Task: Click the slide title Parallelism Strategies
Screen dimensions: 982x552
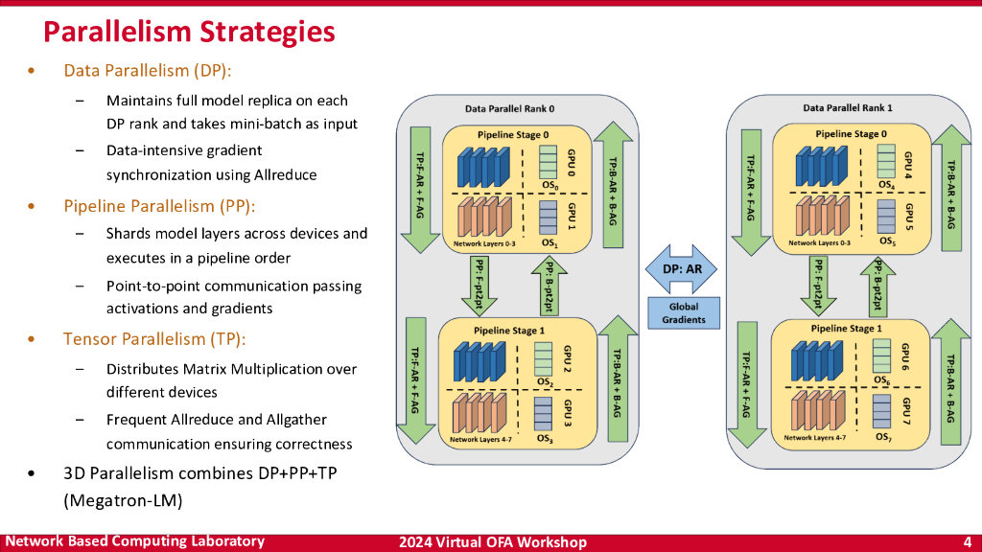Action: [x=189, y=32]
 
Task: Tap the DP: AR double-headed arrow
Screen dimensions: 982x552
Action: [x=682, y=269]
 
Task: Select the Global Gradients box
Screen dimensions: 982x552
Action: [x=683, y=313]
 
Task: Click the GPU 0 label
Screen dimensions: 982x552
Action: [x=571, y=163]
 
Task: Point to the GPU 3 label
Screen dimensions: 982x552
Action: [x=568, y=414]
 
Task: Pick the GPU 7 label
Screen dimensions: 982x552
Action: [x=905, y=410]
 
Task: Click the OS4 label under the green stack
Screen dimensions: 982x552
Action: [x=886, y=185]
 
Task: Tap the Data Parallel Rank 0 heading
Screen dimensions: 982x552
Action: [x=509, y=109]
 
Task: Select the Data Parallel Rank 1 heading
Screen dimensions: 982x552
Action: [x=848, y=107]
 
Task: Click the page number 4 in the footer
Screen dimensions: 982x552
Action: [x=967, y=542]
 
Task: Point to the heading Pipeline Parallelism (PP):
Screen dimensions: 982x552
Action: [x=159, y=206]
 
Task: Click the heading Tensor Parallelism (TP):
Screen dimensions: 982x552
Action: [x=154, y=338]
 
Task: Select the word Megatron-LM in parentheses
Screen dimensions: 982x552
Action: [x=123, y=500]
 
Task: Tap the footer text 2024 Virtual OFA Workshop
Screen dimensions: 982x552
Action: [x=493, y=542]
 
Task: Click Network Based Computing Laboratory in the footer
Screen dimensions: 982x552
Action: [x=134, y=541]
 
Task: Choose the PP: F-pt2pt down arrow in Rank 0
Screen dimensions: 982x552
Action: [x=479, y=286]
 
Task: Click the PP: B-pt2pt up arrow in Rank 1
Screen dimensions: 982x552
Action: [x=878, y=287]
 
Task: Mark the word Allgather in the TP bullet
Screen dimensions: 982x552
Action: [x=296, y=420]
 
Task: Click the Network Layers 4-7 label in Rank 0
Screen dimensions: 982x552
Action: [x=480, y=440]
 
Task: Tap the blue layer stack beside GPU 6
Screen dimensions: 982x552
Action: [x=817, y=360]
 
